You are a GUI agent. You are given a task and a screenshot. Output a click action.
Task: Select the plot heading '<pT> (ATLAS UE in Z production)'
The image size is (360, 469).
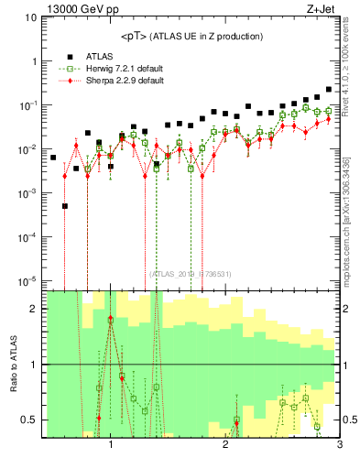191,36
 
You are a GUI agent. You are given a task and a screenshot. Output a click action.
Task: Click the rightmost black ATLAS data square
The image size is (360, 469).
328,90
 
